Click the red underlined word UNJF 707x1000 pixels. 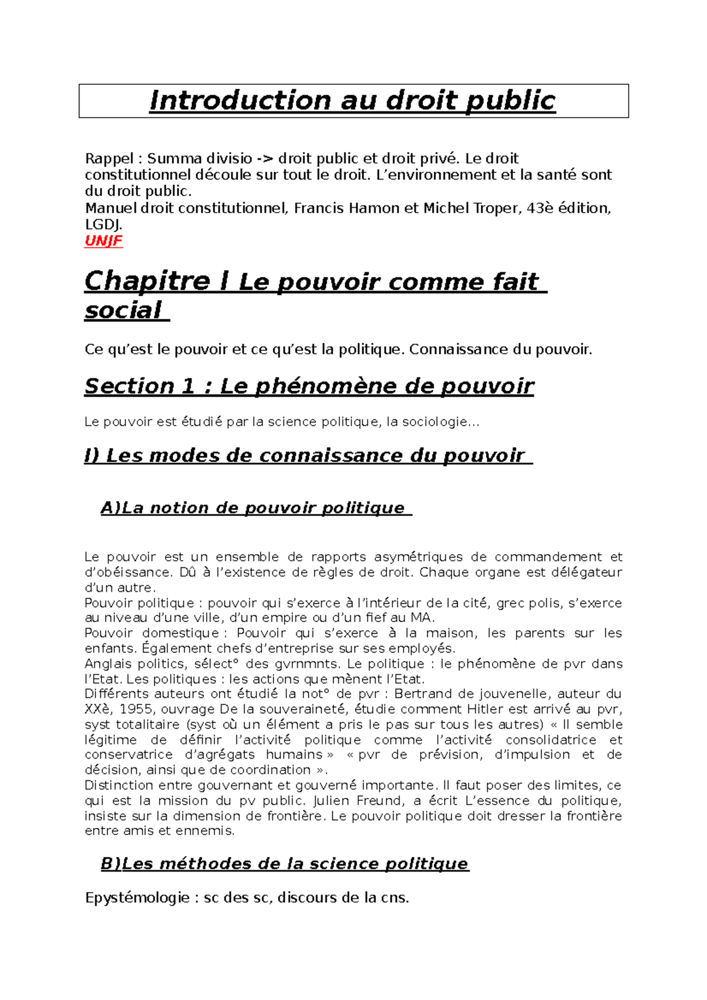[104, 241]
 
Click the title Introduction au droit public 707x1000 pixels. [352, 101]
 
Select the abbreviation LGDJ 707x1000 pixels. [103, 224]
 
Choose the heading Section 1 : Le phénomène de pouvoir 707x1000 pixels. [309, 386]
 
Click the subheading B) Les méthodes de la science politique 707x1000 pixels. [285, 864]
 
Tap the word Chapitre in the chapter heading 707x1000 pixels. [147, 281]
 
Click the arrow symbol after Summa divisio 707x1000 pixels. [264, 158]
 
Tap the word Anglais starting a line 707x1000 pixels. [108, 664]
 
